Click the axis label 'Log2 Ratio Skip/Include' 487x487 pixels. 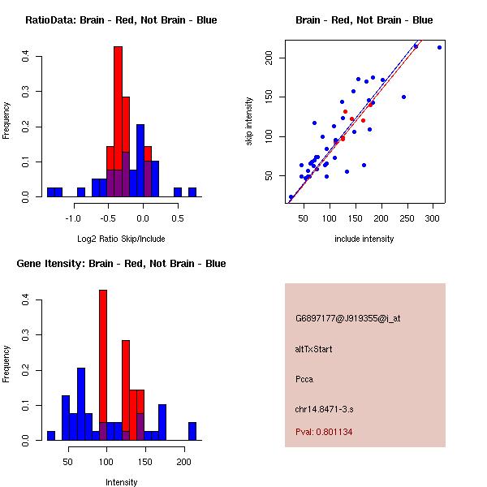tap(121, 239)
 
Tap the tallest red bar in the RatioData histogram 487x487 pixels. tap(118, 122)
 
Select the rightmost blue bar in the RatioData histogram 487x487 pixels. tap(192, 192)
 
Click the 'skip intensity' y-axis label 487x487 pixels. tap(249, 123)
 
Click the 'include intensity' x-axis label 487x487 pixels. tap(364, 239)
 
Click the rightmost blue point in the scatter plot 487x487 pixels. tap(439, 47)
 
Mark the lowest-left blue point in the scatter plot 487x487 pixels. tap(291, 197)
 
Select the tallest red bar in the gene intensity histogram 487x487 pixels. tap(103, 364)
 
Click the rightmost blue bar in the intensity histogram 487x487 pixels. tap(192, 431)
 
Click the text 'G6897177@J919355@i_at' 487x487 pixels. tap(347, 318)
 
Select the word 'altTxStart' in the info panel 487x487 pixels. tap(313, 349)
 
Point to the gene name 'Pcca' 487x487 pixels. tap(304, 378)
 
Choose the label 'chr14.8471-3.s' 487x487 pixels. tap(325, 408)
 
